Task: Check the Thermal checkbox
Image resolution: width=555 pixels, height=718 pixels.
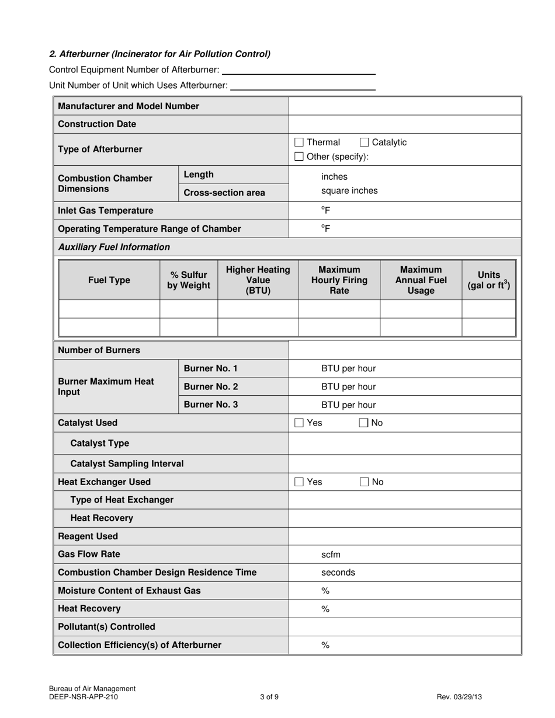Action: point(299,142)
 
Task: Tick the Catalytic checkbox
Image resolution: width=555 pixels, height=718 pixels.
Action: point(364,142)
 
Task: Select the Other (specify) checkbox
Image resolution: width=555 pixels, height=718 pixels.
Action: point(299,156)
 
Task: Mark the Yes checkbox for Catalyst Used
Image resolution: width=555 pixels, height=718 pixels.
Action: point(299,423)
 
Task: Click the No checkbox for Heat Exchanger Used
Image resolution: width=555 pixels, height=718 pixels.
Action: point(364,482)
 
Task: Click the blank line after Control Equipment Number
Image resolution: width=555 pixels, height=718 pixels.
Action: point(299,71)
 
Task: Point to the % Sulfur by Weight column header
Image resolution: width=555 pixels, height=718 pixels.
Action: point(189,280)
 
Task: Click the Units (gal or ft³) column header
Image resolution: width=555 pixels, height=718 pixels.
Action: point(488,280)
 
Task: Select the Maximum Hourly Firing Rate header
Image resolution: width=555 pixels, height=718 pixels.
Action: point(339,280)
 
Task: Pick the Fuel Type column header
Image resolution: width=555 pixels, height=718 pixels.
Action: point(109,280)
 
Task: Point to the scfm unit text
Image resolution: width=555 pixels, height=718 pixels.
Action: point(331,555)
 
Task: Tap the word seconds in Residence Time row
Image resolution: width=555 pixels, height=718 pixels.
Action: point(338,573)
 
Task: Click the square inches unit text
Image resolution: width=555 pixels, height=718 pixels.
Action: point(349,191)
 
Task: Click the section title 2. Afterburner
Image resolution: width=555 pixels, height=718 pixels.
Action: point(159,54)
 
